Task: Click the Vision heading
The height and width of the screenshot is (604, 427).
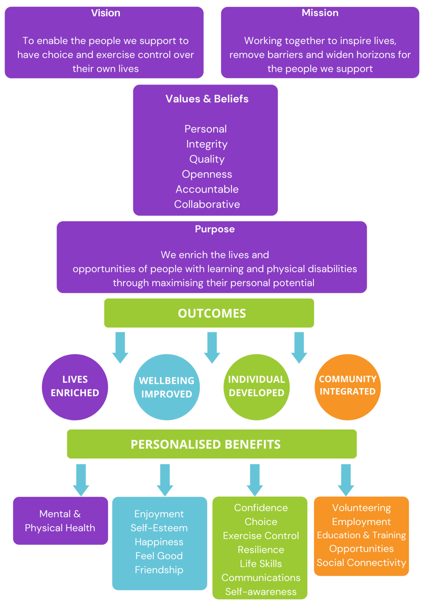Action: coord(105,13)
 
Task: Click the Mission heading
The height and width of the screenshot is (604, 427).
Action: coord(320,13)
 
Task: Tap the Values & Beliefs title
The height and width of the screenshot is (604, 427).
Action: coord(207,99)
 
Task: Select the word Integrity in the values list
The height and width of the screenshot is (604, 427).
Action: coord(207,144)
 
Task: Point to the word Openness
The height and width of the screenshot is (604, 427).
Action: coord(207,174)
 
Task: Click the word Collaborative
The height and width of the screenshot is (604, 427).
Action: coord(207,204)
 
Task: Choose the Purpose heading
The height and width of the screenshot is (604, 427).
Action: coord(214,229)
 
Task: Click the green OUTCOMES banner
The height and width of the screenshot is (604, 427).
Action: coord(209,313)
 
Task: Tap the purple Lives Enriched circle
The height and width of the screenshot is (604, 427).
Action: coord(75,387)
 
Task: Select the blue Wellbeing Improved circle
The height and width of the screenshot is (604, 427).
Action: coord(167,387)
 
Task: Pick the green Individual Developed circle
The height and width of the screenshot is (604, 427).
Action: coord(256,387)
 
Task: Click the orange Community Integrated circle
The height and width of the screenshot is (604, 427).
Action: coord(347,387)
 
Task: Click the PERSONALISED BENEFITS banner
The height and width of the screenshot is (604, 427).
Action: coord(212,444)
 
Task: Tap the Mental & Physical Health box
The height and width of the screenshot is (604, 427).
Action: coord(60,521)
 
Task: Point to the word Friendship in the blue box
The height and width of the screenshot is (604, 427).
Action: coord(159,570)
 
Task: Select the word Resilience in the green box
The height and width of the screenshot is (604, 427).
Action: coord(261,550)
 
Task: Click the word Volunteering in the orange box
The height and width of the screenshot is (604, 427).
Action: coord(361,508)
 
